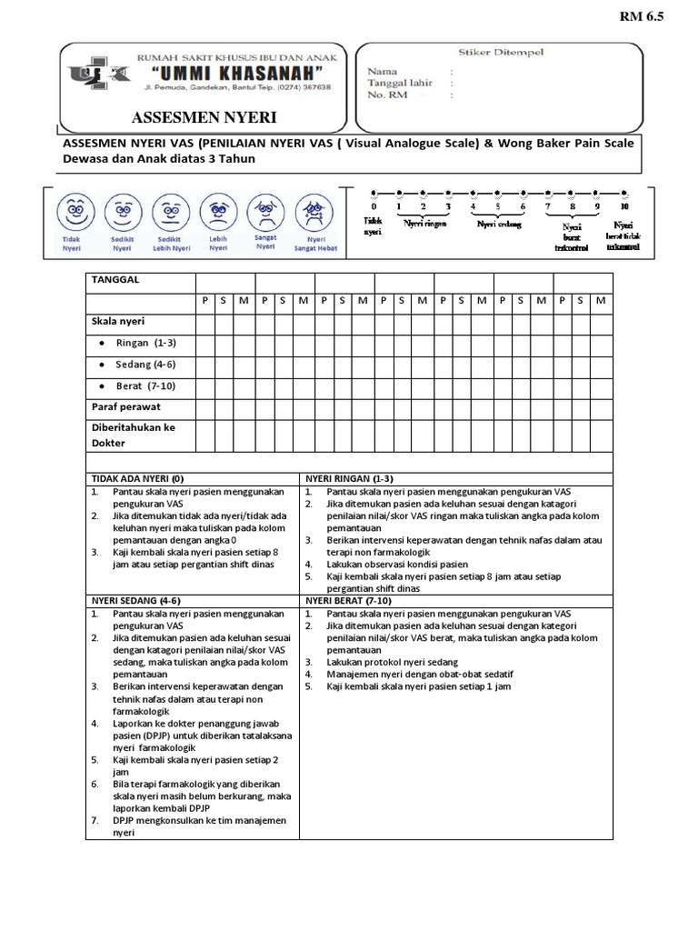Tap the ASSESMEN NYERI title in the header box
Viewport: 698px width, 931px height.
(204, 118)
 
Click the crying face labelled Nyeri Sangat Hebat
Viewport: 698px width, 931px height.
(314, 211)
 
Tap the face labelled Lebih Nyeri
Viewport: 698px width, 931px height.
(217, 211)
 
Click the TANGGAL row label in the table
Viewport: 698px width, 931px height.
(115, 280)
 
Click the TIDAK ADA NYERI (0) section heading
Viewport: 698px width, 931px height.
(137, 478)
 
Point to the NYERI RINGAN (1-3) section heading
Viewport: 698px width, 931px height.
(349, 478)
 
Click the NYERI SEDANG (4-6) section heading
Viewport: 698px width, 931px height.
(136, 601)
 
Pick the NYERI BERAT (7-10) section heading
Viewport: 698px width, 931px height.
(348, 601)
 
